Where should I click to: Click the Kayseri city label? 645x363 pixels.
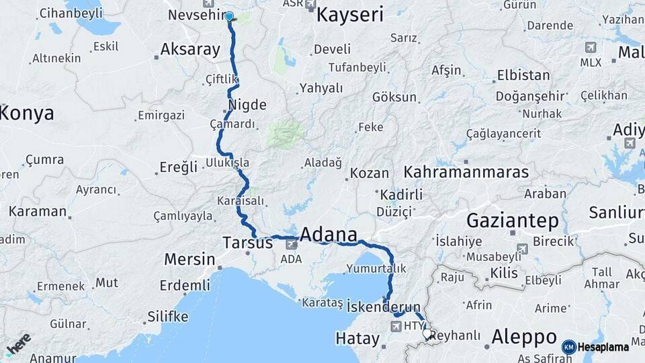click(349, 14)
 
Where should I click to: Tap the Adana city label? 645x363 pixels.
click(329, 235)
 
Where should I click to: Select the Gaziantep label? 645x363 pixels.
click(513, 220)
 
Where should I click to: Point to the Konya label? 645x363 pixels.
click(27, 113)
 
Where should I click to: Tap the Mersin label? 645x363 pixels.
click(190, 259)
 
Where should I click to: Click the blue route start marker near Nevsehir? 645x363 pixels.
click(229, 17)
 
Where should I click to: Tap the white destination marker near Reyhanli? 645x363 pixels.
click(427, 333)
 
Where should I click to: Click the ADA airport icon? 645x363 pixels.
click(291, 246)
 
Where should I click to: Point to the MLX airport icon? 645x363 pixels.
click(591, 48)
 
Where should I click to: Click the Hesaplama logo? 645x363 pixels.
click(596, 347)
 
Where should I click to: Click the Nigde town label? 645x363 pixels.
click(247, 105)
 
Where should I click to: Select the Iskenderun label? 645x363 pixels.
click(384, 307)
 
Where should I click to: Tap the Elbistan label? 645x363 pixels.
click(523, 75)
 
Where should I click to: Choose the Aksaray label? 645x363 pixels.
click(190, 49)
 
